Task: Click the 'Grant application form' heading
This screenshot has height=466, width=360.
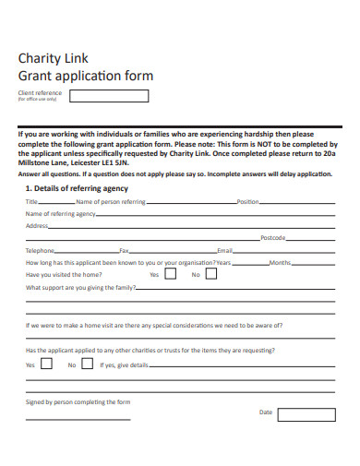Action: (x=86, y=76)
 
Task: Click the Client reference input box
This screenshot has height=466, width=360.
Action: (x=109, y=96)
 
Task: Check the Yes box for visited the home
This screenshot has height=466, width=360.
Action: (x=173, y=274)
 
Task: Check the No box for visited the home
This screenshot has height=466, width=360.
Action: (x=211, y=274)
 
